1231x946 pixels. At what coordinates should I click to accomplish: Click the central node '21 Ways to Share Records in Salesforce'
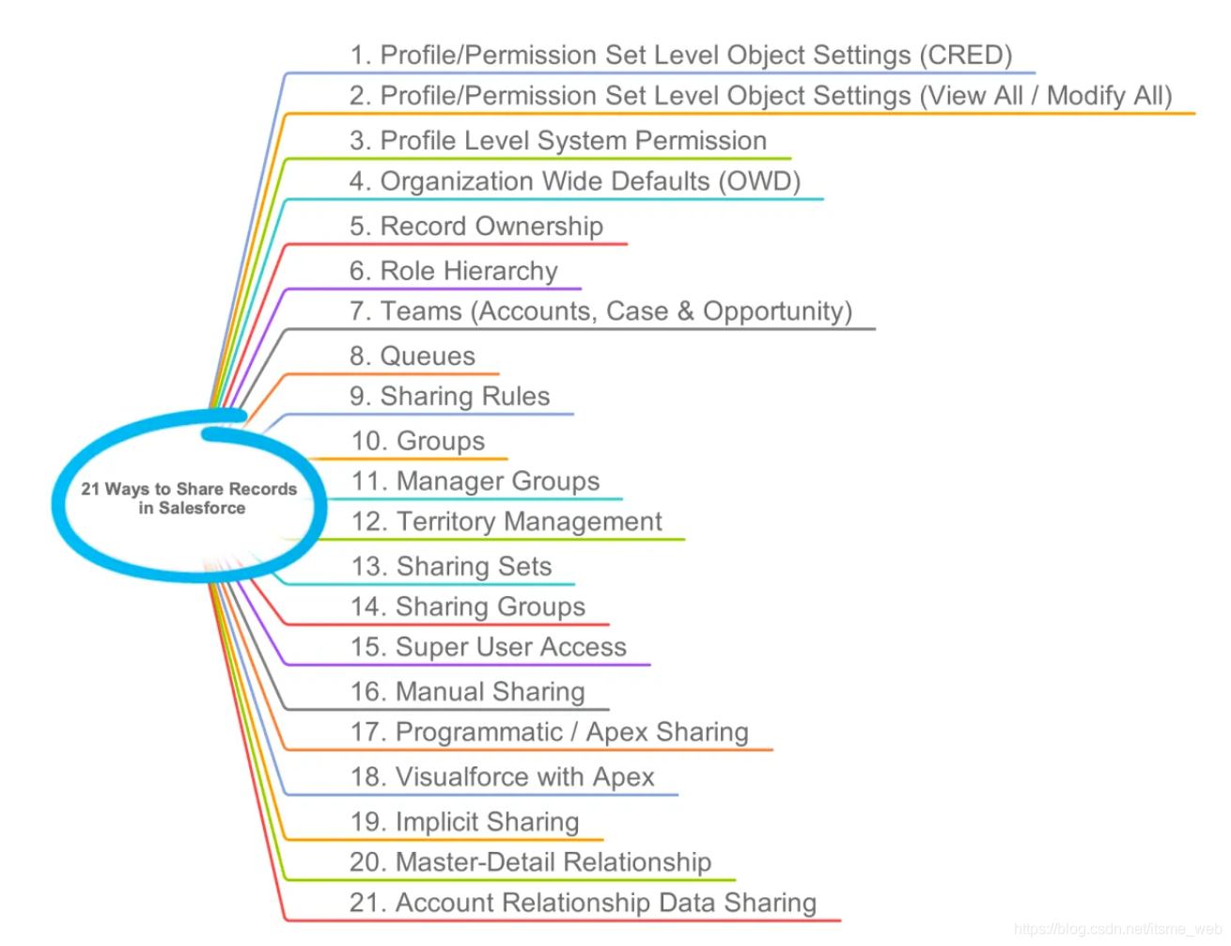pos(189,498)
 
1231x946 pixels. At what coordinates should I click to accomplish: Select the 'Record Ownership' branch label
pos(475,227)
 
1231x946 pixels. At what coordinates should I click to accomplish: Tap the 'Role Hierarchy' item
pos(453,271)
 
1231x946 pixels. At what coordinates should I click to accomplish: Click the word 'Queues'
pos(428,356)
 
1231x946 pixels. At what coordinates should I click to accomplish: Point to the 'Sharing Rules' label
pos(449,397)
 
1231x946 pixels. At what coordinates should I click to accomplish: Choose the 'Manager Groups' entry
pos(475,481)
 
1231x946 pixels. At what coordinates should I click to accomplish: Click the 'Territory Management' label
pos(506,522)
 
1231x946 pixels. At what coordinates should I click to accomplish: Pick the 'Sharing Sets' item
pos(451,567)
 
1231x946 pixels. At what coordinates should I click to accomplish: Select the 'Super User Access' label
pos(488,647)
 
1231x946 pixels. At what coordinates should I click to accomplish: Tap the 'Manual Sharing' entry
pos(467,692)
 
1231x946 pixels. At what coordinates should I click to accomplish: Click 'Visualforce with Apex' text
pos(502,777)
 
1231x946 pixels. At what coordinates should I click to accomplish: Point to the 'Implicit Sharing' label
pos(464,822)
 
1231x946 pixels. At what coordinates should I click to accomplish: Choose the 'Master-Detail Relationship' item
pos(530,862)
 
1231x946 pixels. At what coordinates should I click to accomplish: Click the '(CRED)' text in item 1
pos(965,55)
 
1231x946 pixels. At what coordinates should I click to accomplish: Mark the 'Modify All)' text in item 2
pos(1109,96)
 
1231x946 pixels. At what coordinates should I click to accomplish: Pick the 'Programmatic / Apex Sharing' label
pos(549,733)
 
